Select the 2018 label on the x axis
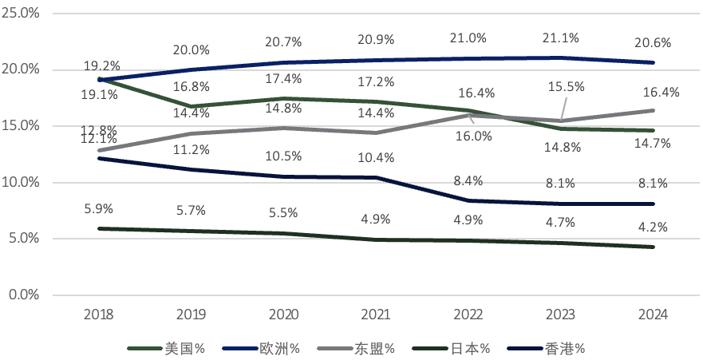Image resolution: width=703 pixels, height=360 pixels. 99,314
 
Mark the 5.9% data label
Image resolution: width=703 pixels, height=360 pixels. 99,208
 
